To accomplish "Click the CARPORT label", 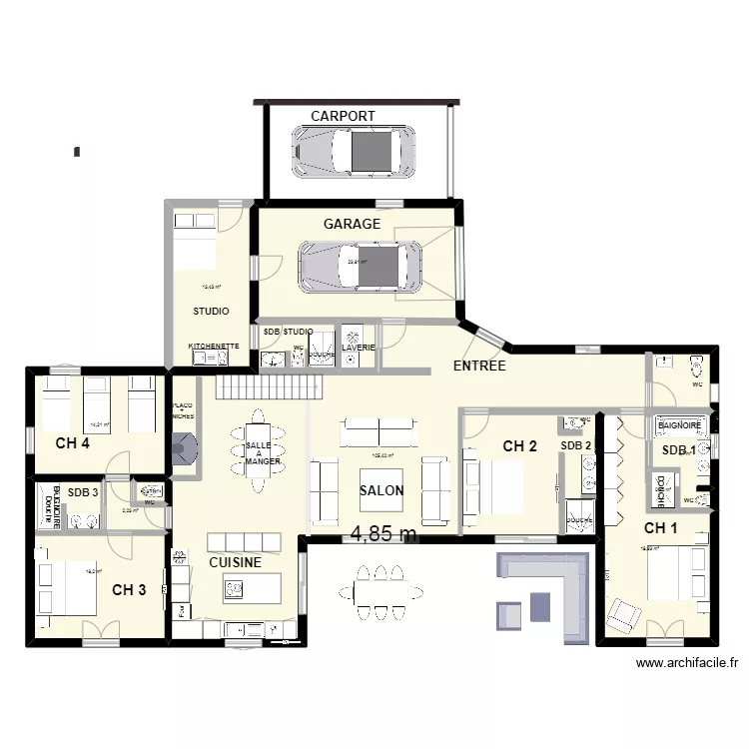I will pos(343,116).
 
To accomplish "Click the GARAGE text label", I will pos(352,225).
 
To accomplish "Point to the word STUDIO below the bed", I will pos(211,312).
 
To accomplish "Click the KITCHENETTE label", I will pos(214,347).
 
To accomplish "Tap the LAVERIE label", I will pos(358,348).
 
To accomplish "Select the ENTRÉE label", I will pos(479,367).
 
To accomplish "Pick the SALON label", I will pos(381,490).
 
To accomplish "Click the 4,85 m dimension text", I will pos(383,535).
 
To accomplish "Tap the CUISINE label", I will pos(236,562).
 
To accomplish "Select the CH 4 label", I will pos(73,443).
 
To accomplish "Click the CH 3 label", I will pos(129,590).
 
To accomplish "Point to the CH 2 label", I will pos(520,446).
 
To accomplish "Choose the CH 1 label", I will pos(660,528).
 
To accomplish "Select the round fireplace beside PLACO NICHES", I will pos(183,450).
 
